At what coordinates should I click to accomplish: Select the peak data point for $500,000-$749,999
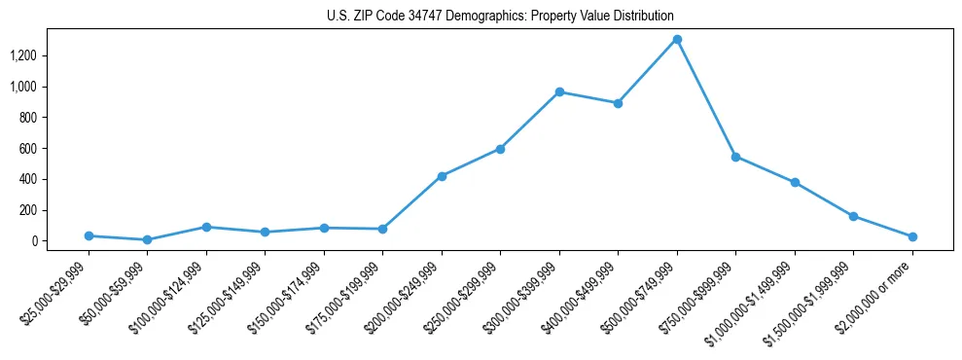[x=677, y=40]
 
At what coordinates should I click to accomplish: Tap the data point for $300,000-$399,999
[x=559, y=91]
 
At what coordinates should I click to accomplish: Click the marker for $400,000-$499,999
[x=618, y=103]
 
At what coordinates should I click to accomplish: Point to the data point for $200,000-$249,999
[x=442, y=176]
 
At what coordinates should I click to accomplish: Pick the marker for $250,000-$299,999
[x=500, y=149]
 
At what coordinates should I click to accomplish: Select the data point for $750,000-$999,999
[x=735, y=157]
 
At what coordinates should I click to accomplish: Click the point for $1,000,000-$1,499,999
[x=795, y=182]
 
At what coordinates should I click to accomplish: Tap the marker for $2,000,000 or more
[x=912, y=236]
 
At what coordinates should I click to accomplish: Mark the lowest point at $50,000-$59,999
[x=147, y=239]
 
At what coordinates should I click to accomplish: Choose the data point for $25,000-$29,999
[x=89, y=235]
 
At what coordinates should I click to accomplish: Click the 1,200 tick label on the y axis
[x=22, y=55]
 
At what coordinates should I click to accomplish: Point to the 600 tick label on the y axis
[x=27, y=148]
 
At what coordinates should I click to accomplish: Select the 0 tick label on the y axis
[x=33, y=241]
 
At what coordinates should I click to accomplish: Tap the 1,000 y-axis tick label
[x=22, y=87]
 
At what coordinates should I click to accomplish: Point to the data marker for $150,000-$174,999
[x=324, y=228]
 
